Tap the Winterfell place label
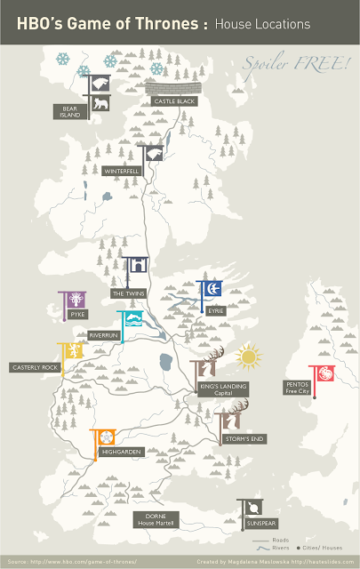coord(122,170)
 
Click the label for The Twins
coord(128,293)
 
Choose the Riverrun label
coord(104,335)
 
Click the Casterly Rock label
coord(36,366)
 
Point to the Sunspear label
coord(261,525)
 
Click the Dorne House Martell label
coord(155,519)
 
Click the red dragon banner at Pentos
coord(321,375)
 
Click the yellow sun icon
coord(248,357)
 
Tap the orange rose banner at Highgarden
coord(105,437)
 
